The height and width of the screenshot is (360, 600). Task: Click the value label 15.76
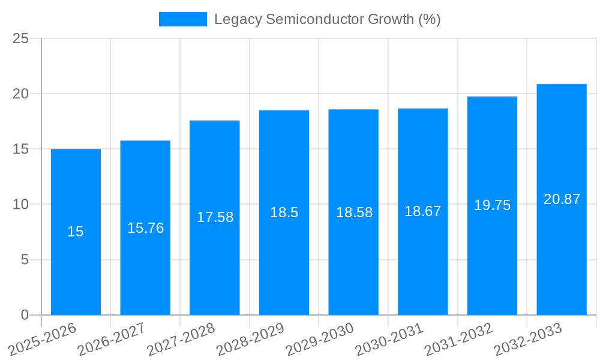(145, 228)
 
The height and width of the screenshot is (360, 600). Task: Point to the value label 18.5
(284, 212)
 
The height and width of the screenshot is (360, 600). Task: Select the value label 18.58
(354, 212)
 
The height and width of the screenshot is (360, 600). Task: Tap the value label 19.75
(492, 205)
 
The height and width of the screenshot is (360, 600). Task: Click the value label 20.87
(562, 199)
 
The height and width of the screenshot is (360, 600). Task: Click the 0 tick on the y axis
(25, 315)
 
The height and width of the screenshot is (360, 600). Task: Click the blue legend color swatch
(182, 19)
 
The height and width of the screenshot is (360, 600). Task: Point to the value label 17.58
(215, 217)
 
